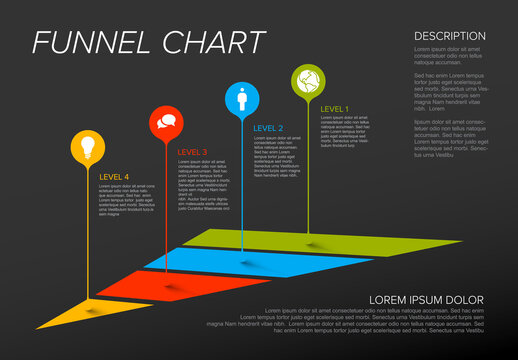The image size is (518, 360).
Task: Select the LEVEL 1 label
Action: pos(334,108)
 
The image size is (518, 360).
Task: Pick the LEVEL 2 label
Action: pos(268,128)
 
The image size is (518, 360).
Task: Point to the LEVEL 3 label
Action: pos(192,152)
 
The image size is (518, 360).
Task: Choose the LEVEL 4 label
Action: pos(114,177)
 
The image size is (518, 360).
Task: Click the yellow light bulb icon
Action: pos(87,146)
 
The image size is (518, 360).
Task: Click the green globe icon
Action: pos(308,79)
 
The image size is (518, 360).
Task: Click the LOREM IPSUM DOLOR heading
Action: pos(426,300)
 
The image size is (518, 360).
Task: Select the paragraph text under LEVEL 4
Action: pos(126,200)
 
